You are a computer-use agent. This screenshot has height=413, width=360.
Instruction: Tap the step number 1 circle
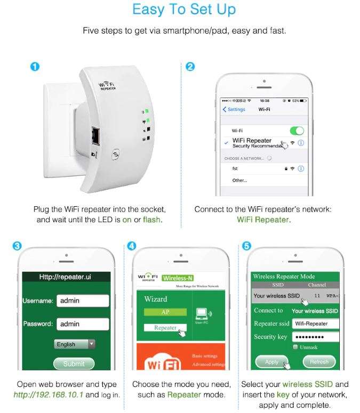[34, 67]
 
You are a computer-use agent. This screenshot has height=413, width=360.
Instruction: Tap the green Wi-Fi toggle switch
[296, 131]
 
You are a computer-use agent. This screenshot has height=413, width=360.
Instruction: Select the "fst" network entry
[235, 168]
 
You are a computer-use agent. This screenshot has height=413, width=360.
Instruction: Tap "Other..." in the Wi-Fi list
[239, 180]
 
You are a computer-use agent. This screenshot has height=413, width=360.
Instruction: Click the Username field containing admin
[82, 301]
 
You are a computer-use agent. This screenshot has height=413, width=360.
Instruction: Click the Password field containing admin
[82, 323]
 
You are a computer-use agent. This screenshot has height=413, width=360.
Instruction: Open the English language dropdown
[75, 344]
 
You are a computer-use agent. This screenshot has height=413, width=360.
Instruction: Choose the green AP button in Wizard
[165, 312]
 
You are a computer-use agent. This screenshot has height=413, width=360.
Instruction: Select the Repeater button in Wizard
[165, 328]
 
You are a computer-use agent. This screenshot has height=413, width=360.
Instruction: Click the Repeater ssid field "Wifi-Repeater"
[315, 323]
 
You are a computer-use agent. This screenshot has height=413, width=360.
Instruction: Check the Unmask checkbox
[295, 347]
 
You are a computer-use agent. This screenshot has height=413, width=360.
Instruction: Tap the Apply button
[272, 362]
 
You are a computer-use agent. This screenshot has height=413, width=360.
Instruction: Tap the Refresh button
[319, 362]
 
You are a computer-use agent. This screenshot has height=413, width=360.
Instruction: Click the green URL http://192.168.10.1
[48, 395]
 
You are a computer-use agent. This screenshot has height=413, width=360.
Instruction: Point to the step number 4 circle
[132, 246]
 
